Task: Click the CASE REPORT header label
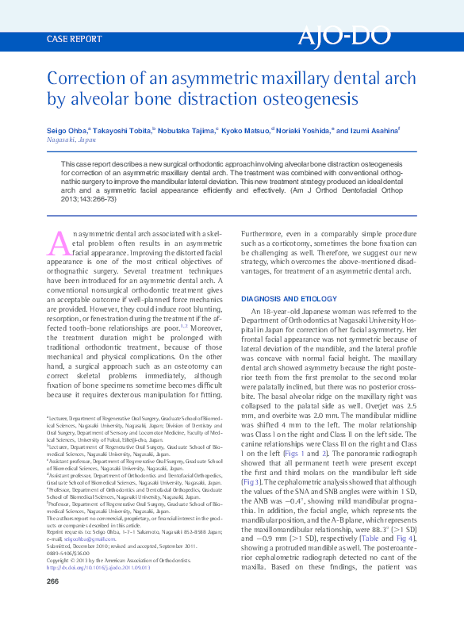(x=75, y=38)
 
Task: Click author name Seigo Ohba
(x=67, y=128)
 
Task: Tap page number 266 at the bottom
(x=54, y=604)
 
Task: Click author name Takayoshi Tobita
(x=125, y=128)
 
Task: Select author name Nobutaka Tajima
(x=187, y=128)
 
